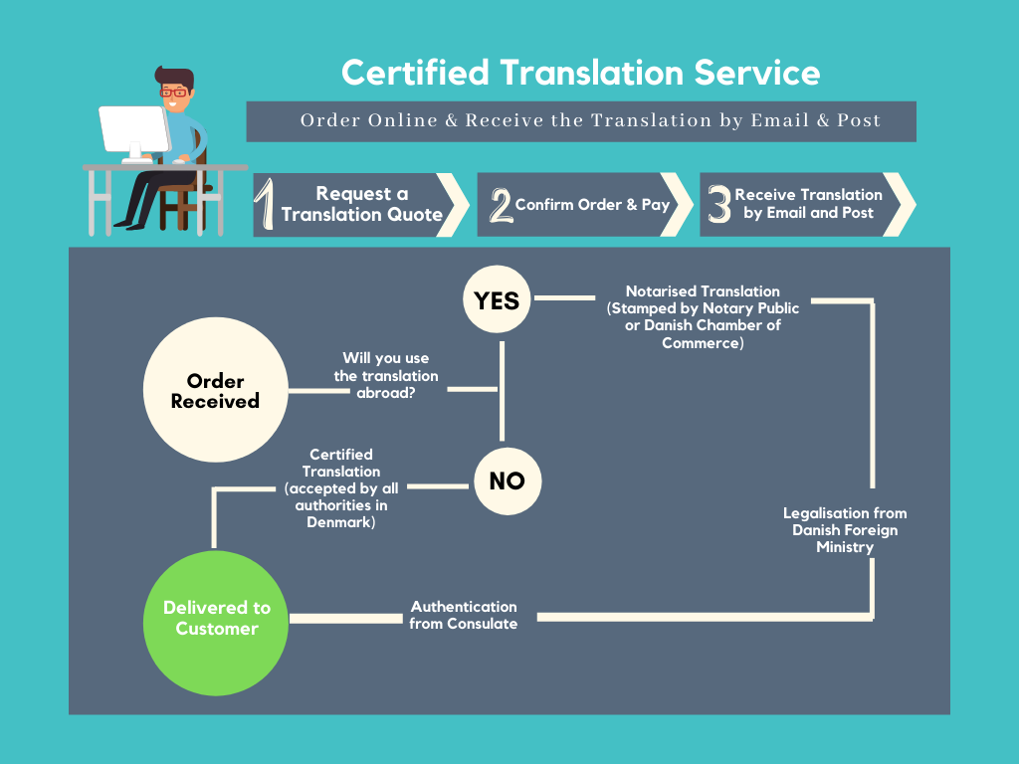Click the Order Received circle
point(215,391)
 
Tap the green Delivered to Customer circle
point(215,618)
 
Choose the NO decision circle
point(507,481)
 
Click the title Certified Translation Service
point(580,73)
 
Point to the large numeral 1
point(265,205)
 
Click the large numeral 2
point(500,205)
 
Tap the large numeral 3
point(718,205)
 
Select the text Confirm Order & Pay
point(592,205)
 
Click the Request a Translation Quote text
point(361,204)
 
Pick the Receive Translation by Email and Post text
point(808,204)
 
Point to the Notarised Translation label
point(703,317)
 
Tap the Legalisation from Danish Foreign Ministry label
point(844,530)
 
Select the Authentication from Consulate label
point(464,615)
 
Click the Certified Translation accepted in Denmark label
point(341,488)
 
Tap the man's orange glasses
point(175,93)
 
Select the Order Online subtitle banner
point(581,120)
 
